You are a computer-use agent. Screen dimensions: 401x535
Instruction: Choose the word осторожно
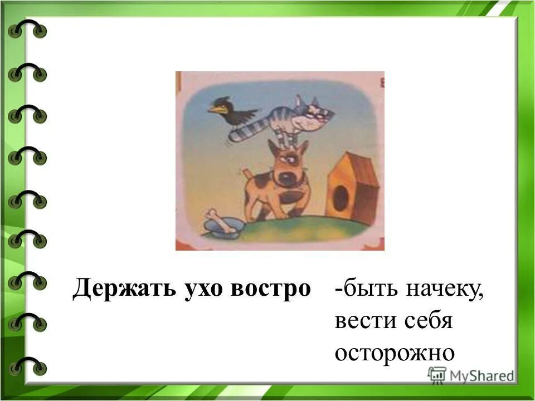[395, 353]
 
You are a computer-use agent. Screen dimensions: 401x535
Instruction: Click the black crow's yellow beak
[215, 110]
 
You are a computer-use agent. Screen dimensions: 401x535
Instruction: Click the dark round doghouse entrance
[340, 198]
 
